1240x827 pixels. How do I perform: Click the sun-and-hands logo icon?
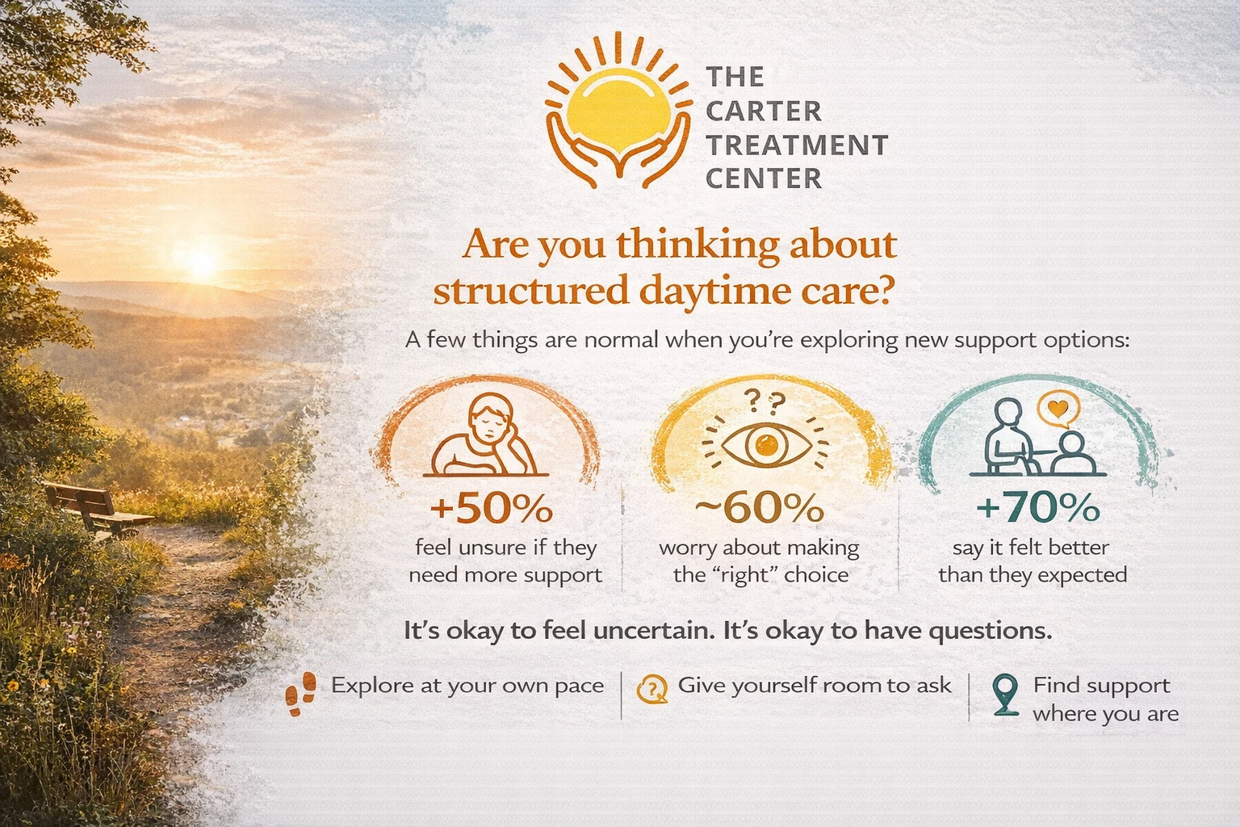click(618, 111)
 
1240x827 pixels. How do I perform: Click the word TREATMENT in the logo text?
click(797, 145)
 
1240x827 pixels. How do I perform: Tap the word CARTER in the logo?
click(764, 111)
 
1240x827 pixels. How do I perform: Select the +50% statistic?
click(491, 508)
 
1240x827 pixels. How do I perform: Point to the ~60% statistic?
click(760, 508)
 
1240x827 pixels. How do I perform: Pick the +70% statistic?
click(1037, 508)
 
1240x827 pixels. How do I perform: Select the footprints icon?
click(301, 694)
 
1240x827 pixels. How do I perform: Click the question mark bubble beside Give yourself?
click(652, 690)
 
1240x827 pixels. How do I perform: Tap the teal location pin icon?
click(1005, 695)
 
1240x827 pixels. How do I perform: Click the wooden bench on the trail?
click(97, 509)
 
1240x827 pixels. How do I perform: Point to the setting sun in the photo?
click(202, 260)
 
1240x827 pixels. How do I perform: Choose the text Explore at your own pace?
click(467, 686)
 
